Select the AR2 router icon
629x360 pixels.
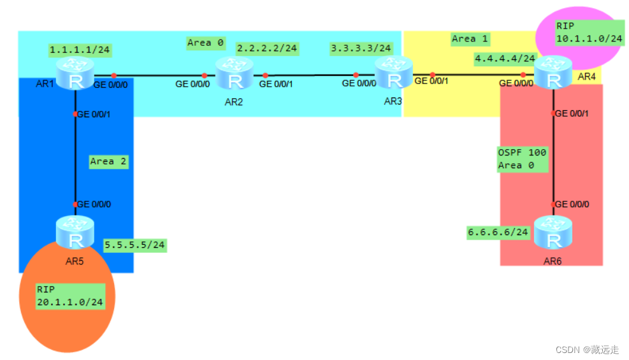pyautogui.click(x=235, y=78)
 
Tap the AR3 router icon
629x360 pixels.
pyautogui.click(x=394, y=77)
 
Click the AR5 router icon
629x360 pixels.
pyautogui.click(x=76, y=237)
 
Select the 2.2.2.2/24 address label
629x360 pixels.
pyautogui.click(x=267, y=48)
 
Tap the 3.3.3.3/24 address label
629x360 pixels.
pyautogui.click(x=361, y=48)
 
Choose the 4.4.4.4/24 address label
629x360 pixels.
pyautogui.click(x=505, y=59)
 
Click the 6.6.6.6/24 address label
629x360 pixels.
pyautogui.click(x=498, y=233)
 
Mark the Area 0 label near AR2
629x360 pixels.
pyautogui.click(x=206, y=43)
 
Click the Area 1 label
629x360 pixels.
pyautogui.click(x=470, y=39)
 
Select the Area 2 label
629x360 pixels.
pyautogui.click(x=108, y=161)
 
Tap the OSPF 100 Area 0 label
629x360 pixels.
pyautogui.click(x=522, y=159)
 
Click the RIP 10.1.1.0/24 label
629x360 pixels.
pyautogui.click(x=588, y=32)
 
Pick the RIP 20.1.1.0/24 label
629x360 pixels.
pyautogui.click(x=70, y=296)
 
